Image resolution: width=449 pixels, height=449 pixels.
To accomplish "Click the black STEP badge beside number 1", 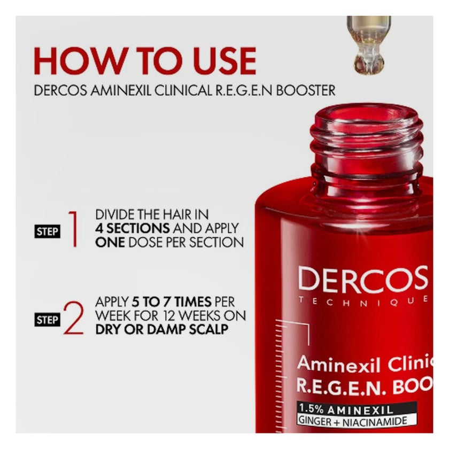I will coord(48,231).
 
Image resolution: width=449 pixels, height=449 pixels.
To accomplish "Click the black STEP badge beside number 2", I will coord(48,320).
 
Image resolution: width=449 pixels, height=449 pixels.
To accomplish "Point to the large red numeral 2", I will coord(73,319).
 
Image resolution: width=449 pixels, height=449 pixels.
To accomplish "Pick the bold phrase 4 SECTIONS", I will coord(133,228).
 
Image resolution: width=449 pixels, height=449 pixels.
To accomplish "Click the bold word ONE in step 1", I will coord(110,242).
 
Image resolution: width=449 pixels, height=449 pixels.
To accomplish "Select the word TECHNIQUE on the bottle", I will coord(363,299).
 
